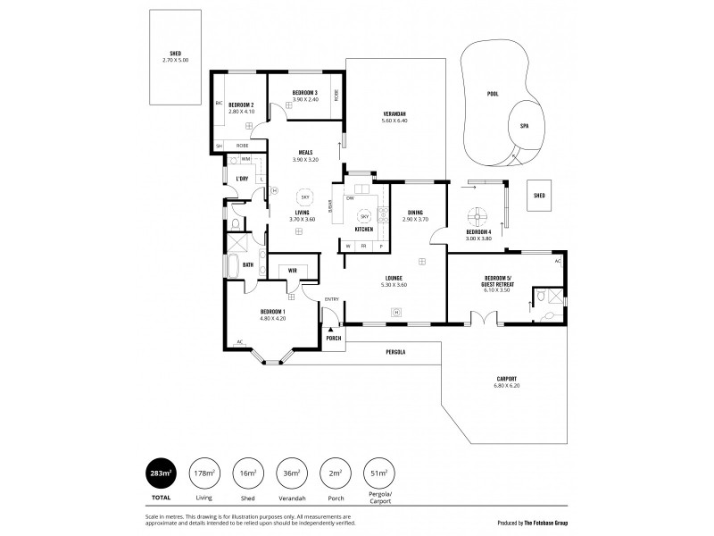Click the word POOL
click(x=494, y=94)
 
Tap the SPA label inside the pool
click(x=524, y=126)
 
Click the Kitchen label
click(x=363, y=230)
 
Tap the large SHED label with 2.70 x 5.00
click(x=175, y=55)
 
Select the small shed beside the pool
click(x=539, y=196)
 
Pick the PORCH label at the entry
click(x=333, y=339)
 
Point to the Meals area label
click(x=305, y=153)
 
